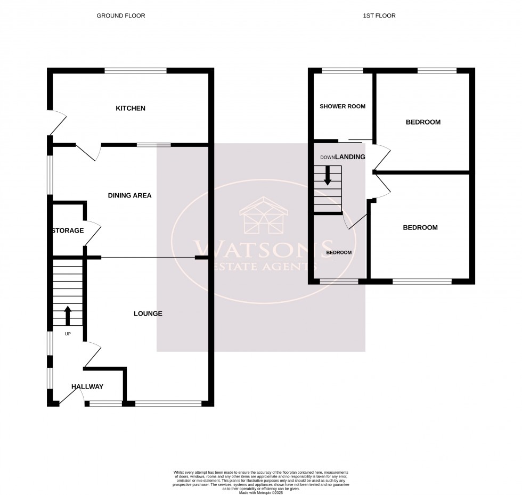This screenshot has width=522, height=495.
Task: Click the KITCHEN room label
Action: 130,109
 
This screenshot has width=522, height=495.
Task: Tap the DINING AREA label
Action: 129,195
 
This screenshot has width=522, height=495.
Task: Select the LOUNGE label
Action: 148,313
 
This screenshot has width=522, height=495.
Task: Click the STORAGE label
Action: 68,230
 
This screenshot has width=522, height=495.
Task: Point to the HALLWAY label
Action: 87,386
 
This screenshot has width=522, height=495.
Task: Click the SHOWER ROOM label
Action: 342,106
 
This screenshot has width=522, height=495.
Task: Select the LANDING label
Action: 350,156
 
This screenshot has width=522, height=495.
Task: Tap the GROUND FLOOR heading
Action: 120,16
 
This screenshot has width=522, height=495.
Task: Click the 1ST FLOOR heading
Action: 379,16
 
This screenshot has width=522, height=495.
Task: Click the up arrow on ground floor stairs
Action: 67,315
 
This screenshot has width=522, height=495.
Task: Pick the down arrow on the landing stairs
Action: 328,176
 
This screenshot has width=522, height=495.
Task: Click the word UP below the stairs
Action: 68,334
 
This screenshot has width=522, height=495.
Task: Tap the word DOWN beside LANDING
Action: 327,157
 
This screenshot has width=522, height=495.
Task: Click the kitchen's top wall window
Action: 136,70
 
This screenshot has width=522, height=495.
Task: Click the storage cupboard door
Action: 93,233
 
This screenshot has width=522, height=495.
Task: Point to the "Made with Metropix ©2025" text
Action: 260,493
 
